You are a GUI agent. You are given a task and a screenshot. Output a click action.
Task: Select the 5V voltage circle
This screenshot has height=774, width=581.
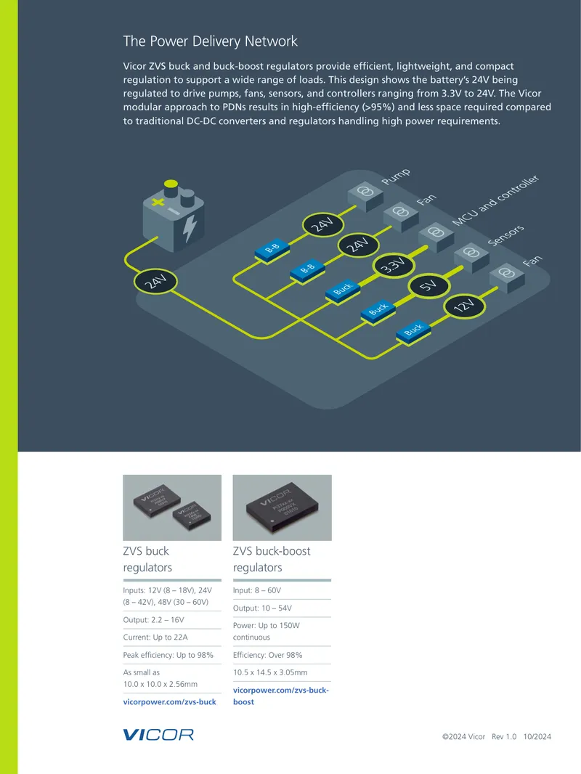(x=428, y=286)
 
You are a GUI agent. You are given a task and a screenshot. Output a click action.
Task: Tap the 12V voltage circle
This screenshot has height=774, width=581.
(x=464, y=306)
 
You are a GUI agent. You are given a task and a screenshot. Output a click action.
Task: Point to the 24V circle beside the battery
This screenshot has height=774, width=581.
(x=155, y=282)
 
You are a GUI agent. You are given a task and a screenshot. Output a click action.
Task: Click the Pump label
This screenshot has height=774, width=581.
(x=396, y=176)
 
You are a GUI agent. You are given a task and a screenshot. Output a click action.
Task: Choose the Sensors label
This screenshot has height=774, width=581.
(x=505, y=235)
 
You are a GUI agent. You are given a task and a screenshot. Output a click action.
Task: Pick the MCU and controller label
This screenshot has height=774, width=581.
(x=495, y=200)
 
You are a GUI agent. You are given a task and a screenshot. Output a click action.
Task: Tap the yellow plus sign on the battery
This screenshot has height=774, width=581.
(x=158, y=201)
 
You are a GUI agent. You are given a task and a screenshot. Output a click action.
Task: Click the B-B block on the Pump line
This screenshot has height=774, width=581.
(x=272, y=250)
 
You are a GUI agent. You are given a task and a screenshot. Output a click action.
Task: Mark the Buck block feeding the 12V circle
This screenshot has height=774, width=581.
(x=414, y=330)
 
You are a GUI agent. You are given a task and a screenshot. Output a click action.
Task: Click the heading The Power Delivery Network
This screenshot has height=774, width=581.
(x=211, y=41)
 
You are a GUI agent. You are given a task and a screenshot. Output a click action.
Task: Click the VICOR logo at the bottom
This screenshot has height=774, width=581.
(x=158, y=735)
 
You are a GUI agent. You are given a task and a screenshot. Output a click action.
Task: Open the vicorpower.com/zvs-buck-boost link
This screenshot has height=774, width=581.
(x=281, y=696)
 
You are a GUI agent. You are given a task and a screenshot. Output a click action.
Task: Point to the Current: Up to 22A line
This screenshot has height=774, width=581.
(x=155, y=637)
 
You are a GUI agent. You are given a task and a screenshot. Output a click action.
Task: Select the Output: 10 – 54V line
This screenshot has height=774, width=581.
(x=262, y=608)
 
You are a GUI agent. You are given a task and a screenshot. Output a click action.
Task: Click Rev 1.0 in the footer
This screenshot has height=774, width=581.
(x=504, y=736)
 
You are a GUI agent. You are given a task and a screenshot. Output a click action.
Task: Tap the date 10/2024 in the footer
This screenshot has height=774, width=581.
(x=537, y=736)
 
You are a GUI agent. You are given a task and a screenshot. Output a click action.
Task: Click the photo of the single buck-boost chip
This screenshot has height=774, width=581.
(x=283, y=508)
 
